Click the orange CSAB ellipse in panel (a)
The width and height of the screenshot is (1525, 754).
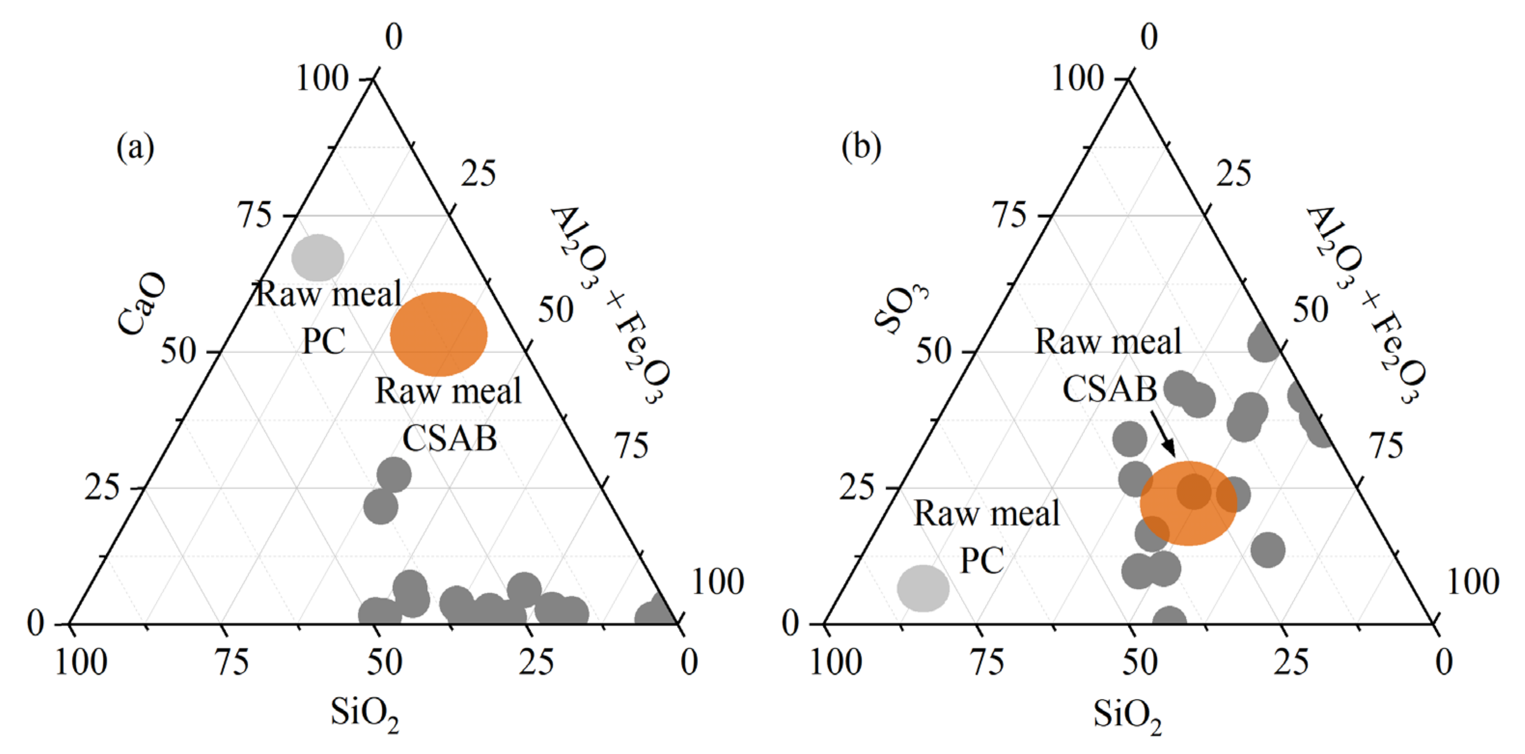click(439, 334)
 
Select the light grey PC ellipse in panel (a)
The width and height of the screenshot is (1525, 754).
click(318, 257)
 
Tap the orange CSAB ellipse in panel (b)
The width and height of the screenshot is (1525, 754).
click(1188, 503)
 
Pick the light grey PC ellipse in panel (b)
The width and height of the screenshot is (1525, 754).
click(923, 587)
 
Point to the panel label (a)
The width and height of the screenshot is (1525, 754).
click(135, 147)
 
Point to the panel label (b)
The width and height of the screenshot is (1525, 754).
click(861, 147)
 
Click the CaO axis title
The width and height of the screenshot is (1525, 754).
click(142, 303)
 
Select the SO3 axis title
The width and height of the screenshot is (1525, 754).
click(901, 308)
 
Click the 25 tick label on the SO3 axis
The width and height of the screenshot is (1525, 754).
click(856, 488)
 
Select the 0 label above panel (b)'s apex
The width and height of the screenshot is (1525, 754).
click(1149, 37)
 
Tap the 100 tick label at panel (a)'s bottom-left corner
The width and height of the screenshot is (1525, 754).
click(81, 662)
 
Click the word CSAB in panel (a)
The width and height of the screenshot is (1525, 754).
click(450, 439)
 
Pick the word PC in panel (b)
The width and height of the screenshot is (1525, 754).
click(982, 560)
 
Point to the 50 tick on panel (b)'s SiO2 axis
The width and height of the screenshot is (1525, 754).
click(1139, 662)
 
